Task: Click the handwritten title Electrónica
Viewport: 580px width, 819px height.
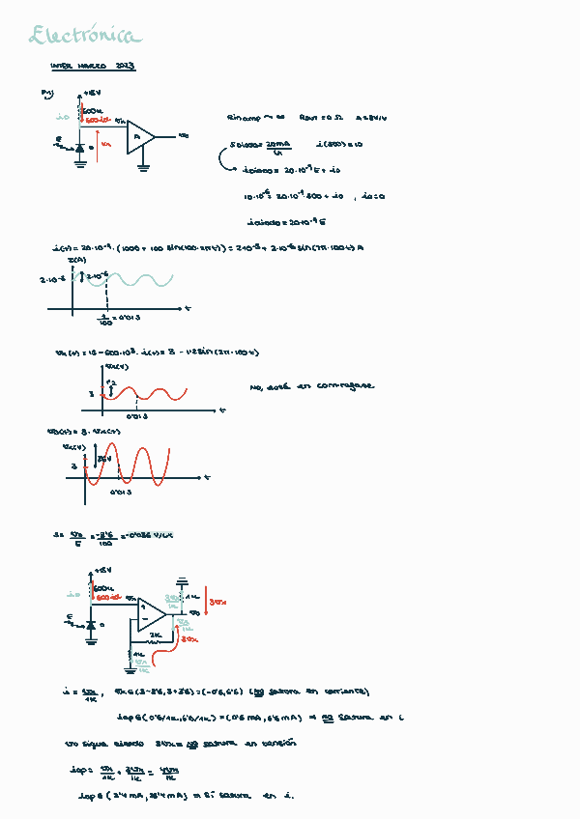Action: click(x=85, y=37)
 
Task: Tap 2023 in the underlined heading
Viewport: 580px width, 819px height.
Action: click(x=125, y=67)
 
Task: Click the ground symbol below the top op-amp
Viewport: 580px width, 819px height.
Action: click(x=143, y=167)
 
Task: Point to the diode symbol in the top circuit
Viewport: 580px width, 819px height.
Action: click(x=80, y=149)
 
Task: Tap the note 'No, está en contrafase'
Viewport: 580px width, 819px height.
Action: click(x=311, y=386)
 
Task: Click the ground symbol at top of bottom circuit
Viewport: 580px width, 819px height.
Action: click(x=181, y=581)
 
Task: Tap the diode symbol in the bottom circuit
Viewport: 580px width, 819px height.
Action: click(x=91, y=625)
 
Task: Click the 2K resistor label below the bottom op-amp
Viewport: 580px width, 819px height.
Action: click(x=155, y=635)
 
